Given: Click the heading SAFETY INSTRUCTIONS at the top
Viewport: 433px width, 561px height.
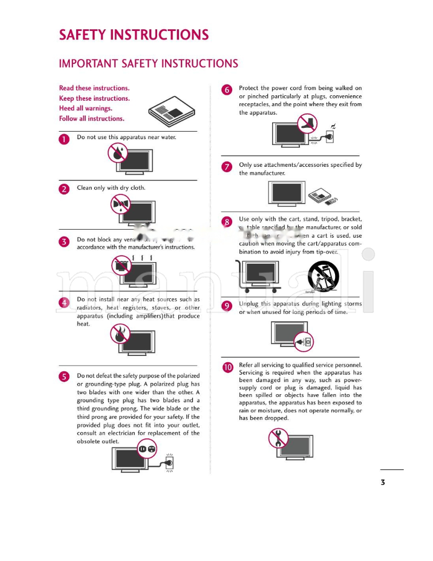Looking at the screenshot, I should pyautogui.click(x=133, y=35).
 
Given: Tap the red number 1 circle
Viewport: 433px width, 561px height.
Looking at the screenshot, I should pyautogui.click(x=64, y=139).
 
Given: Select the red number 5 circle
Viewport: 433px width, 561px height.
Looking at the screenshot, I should pyautogui.click(x=64, y=377).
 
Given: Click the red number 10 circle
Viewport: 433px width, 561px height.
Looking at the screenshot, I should pyautogui.click(x=227, y=367).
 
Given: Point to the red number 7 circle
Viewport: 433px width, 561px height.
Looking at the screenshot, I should pyautogui.click(x=227, y=167).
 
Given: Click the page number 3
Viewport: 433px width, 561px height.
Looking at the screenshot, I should pyautogui.click(x=383, y=482).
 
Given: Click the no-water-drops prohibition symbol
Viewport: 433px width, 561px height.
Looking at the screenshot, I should pyautogui.click(x=117, y=153).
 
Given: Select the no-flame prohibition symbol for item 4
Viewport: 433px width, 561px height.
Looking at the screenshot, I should pyautogui.click(x=119, y=334).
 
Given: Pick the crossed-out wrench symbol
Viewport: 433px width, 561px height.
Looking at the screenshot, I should pyautogui.click(x=278, y=438).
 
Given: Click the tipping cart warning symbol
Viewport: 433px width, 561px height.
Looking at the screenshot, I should pyautogui.click(x=323, y=276).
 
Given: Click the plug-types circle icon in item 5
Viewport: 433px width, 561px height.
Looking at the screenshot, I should pyautogui.click(x=147, y=449).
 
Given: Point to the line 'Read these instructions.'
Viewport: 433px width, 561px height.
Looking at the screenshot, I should pyautogui.click(x=94, y=88).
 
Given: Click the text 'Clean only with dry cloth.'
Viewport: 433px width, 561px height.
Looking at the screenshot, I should pyautogui.click(x=111, y=188).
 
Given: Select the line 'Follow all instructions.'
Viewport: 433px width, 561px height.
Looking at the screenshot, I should pyautogui.click(x=91, y=119).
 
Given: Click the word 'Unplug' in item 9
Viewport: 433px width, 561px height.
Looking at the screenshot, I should pyautogui.click(x=250, y=304).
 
